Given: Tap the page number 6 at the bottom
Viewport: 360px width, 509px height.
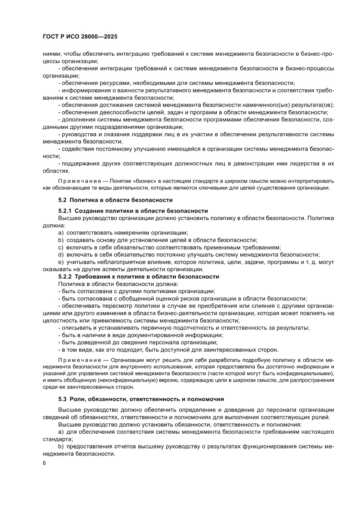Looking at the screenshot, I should click(x=44, y=462).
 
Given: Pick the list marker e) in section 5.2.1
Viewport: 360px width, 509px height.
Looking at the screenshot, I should click(x=61, y=262).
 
